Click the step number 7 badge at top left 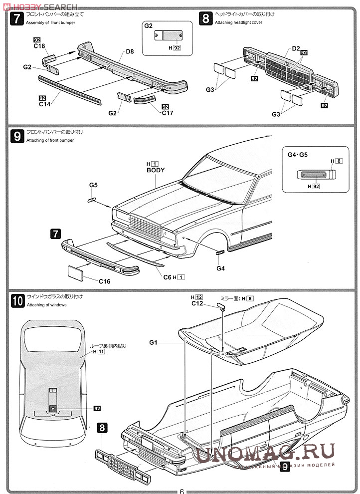16,19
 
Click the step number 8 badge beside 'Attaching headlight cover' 205,19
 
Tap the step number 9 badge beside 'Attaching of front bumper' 16,136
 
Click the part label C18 39,46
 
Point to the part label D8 130,51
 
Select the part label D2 295,48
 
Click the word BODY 155,170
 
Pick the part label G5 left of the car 93,185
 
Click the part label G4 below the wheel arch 221,268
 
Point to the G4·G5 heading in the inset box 298,155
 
